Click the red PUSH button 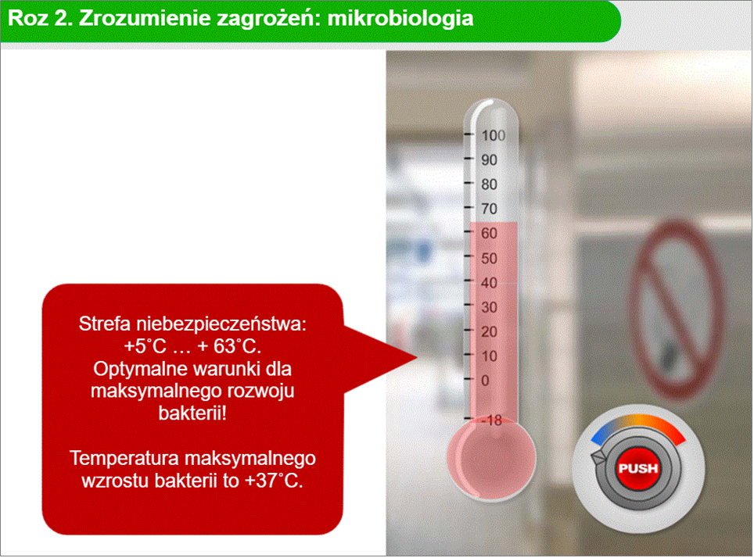click(638, 468)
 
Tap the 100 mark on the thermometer click(494, 135)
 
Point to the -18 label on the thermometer click(492, 420)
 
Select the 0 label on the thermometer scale click(485, 380)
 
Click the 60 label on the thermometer click(489, 234)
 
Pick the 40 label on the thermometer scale click(489, 283)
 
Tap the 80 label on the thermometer click(489, 184)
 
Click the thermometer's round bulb click(491, 459)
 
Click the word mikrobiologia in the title click(400, 19)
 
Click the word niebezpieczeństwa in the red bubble click(221, 324)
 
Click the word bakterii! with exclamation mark click(192, 413)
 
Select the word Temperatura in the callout click(124, 458)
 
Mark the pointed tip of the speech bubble click(416, 357)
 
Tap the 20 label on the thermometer click(489, 331)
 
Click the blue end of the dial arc click(596, 438)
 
